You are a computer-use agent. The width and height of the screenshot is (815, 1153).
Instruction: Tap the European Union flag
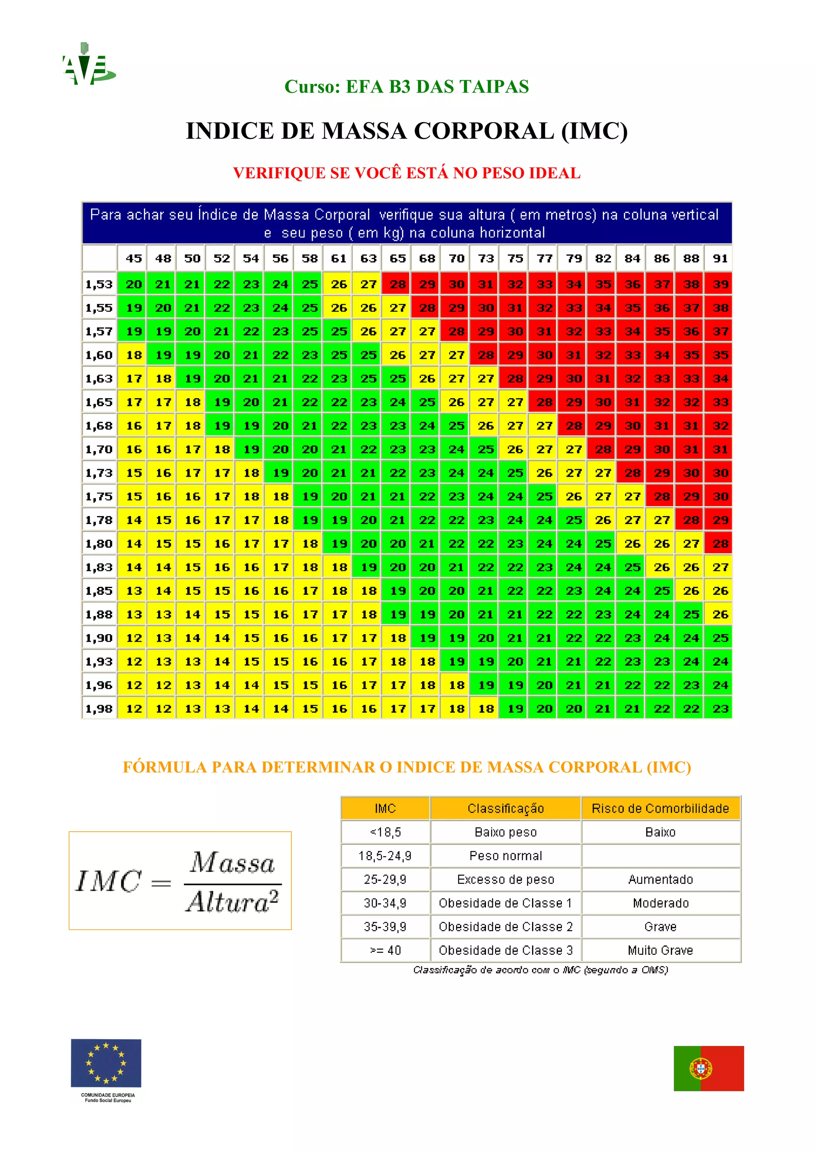(x=106, y=1063)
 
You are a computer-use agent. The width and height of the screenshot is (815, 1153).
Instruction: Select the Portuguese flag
(x=708, y=1068)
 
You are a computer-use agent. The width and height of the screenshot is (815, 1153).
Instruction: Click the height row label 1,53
(x=99, y=284)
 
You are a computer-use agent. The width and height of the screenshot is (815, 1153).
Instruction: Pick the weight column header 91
(x=720, y=258)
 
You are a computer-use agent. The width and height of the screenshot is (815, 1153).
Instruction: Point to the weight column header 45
(x=134, y=258)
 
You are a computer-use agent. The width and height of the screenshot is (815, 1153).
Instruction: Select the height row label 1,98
(x=99, y=709)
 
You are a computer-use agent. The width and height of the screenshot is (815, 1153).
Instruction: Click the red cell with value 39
(x=720, y=284)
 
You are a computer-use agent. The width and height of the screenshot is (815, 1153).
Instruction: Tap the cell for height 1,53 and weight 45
(x=134, y=284)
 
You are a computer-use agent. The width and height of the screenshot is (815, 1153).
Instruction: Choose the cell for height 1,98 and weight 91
(x=720, y=709)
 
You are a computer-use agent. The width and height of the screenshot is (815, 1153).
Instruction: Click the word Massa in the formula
(x=232, y=863)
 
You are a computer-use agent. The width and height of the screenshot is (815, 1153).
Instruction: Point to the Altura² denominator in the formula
(x=232, y=902)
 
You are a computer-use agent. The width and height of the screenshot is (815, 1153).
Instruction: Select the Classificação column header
(x=506, y=808)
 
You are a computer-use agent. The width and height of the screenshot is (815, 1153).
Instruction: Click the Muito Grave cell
(x=660, y=950)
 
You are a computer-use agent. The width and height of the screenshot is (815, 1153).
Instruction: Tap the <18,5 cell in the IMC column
(x=385, y=832)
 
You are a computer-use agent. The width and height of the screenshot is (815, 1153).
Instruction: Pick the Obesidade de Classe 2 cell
(x=506, y=927)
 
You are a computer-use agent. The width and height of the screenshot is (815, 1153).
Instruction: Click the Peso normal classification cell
(x=506, y=856)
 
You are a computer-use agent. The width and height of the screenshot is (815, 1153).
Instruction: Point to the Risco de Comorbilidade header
(x=660, y=808)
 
